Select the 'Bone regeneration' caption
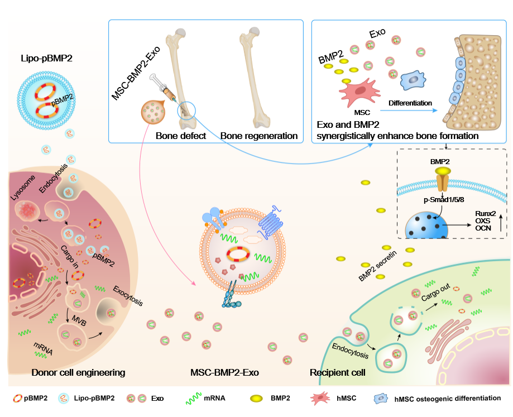(x=258, y=136)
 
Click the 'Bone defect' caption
(x=181, y=136)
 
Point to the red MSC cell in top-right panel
(x=356, y=90)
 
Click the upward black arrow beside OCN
(x=504, y=221)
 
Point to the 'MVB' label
(x=78, y=319)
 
